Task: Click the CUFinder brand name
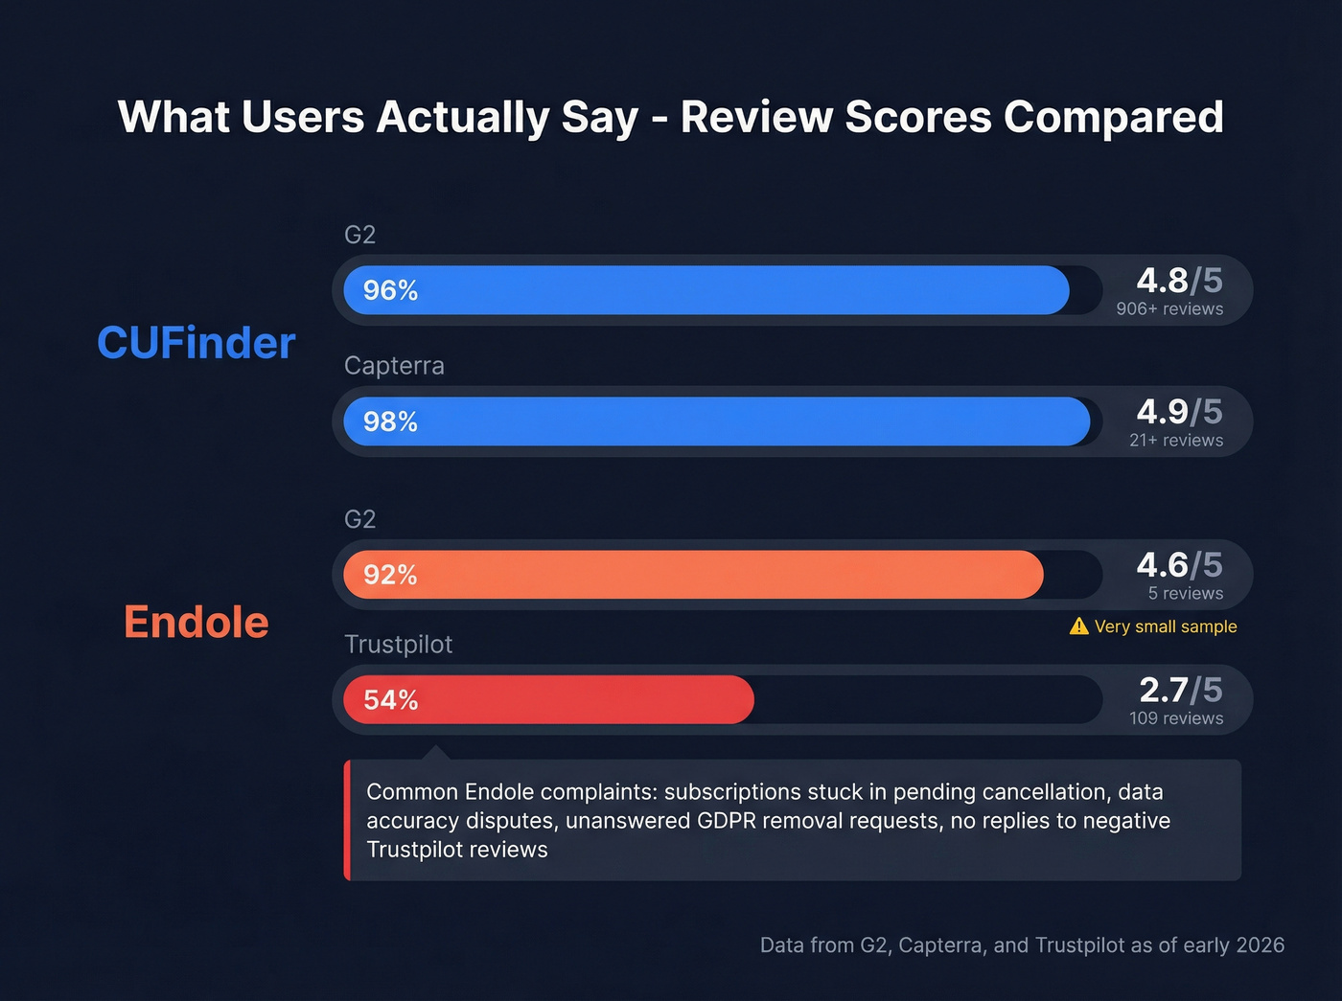point(197,343)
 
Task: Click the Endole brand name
point(197,623)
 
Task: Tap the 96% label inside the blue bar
point(390,290)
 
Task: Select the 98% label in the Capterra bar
point(390,421)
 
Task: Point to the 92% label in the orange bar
point(390,575)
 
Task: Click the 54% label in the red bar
point(390,700)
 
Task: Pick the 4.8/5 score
point(1179,281)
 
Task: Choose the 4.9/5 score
point(1179,412)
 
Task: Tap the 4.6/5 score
point(1179,565)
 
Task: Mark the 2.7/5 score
point(1180,690)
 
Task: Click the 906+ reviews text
point(1169,309)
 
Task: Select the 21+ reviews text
point(1176,441)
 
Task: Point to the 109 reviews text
point(1176,718)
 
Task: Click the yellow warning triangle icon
point(1078,626)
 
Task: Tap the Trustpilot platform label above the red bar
point(398,645)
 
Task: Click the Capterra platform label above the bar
point(394,366)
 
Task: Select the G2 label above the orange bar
point(359,519)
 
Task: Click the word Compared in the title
point(1113,117)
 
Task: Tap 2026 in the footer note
point(1260,945)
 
